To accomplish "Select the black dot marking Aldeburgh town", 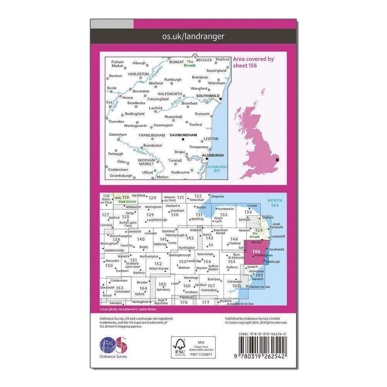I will click(x=207, y=158).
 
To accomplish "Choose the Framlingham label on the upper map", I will click(x=152, y=135).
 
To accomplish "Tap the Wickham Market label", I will click(x=147, y=162).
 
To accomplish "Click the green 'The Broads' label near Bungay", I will click(x=190, y=63).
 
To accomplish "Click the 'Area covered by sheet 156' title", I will click(x=253, y=62).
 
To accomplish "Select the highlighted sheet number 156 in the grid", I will click(x=256, y=251).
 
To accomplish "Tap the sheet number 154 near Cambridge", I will click(x=207, y=262).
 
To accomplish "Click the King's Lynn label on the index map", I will click(x=219, y=220).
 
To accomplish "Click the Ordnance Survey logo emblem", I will click(x=113, y=345).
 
